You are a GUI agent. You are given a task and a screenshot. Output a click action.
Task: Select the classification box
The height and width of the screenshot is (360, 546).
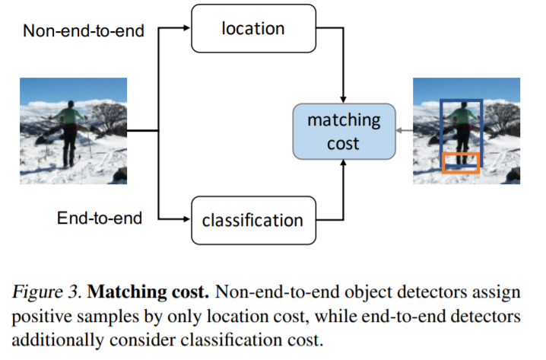point(252,221)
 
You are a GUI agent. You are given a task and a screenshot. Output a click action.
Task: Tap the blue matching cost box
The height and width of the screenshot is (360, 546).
point(344,132)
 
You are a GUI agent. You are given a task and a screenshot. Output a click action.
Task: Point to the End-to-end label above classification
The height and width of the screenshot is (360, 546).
point(100,219)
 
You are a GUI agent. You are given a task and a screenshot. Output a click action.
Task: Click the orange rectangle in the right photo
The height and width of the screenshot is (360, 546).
point(461,162)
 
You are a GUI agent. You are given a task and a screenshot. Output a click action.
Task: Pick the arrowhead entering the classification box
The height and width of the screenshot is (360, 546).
point(185,221)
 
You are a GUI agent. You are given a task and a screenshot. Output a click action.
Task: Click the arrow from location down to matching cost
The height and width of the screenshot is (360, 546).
point(345,68)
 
